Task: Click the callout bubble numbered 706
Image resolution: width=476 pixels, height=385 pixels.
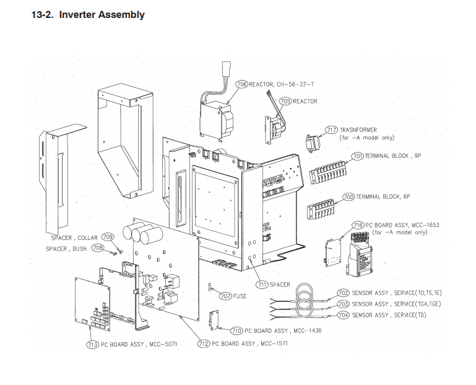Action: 241,84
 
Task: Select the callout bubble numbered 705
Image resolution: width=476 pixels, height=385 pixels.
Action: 285,101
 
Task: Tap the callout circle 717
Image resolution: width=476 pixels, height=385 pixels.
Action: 331,130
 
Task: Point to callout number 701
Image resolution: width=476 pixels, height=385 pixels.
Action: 357,156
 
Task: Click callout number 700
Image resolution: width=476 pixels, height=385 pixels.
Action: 348,197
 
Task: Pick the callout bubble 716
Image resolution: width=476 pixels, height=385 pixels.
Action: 358,224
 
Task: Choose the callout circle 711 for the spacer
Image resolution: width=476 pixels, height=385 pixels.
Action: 262,285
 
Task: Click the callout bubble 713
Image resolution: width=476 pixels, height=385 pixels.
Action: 92,344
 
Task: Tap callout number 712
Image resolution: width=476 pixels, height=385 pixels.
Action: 204,343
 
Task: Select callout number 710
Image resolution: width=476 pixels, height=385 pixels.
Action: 236,331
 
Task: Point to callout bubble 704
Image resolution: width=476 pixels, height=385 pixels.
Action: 343,315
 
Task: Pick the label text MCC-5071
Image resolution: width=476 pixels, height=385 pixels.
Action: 162,344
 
